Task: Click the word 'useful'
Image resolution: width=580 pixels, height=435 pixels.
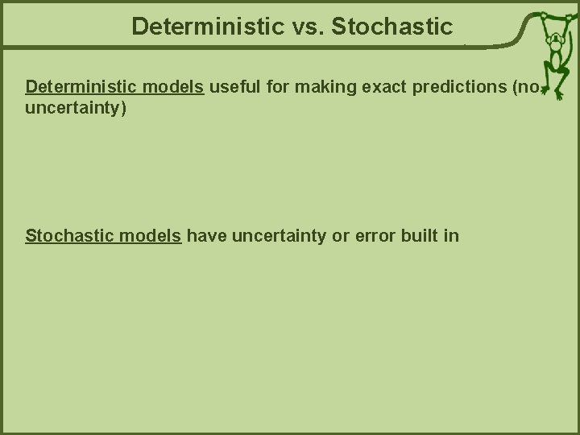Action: point(235,86)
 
